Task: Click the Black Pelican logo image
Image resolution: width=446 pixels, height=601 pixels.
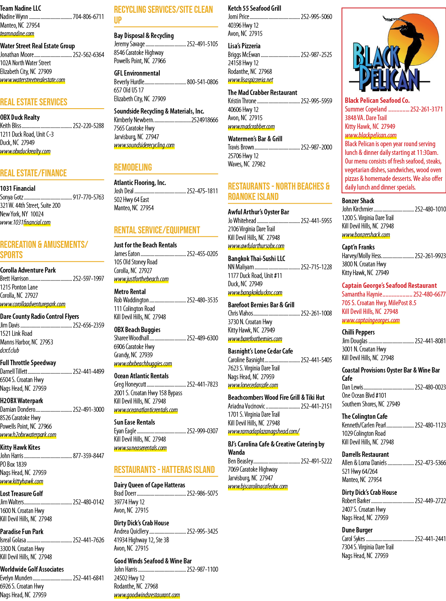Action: tap(390, 54)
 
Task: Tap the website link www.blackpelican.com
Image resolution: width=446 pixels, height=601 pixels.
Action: tap(370, 135)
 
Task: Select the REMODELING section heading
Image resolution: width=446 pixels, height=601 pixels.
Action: tap(133, 167)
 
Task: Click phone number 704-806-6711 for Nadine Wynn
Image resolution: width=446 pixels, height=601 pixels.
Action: tap(88, 17)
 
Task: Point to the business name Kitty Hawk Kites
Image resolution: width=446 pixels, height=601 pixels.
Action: tap(20, 447)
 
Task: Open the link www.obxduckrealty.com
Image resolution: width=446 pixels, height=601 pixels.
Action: tap(25, 151)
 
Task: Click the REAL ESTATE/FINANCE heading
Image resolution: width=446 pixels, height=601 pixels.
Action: tap(33, 173)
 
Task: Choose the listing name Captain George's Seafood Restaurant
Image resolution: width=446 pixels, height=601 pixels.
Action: tap(389, 285)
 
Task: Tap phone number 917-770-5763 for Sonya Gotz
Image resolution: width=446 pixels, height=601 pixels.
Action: tap(88, 197)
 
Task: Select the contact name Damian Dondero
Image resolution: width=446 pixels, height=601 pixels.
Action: tap(18, 409)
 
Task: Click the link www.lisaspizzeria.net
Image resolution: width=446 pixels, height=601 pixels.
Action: tap(250, 80)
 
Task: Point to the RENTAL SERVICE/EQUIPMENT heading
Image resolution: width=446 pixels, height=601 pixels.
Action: tap(157, 230)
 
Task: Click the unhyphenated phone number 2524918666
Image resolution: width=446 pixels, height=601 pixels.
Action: tap(204, 120)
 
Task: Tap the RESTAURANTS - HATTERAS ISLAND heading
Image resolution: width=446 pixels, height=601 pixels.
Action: tap(164, 470)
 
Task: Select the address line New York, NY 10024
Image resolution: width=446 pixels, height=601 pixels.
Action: tap(21, 214)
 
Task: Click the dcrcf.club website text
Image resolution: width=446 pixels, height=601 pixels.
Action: tap(9, 350)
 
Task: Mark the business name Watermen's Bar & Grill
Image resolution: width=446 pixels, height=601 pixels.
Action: tap(255, 139)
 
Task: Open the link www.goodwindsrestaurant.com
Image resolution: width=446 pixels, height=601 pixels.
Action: tap(147, 595)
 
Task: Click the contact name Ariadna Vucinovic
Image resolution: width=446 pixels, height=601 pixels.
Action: tap(246, 406)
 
